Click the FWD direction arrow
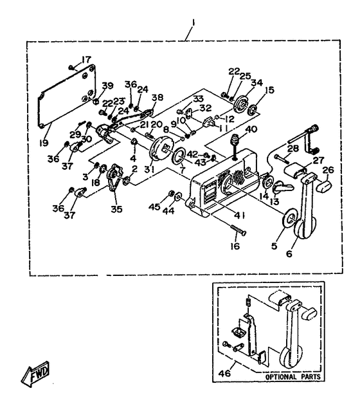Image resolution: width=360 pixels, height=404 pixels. tap(35, 373)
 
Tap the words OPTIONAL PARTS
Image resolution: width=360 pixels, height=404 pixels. tap(293, 377)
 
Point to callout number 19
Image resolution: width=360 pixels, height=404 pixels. tap(44, 143)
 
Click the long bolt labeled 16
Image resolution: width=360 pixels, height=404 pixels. tap(239, 230)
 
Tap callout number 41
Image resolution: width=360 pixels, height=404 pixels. tap(239, 216)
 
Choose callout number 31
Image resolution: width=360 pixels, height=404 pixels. tap(149, 170)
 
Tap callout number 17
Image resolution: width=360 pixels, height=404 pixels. tap(86, 60)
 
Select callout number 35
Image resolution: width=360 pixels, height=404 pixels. tap(116, 209)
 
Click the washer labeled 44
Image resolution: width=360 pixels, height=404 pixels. tap(178, 197)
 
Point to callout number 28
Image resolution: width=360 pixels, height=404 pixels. tap(293, 148)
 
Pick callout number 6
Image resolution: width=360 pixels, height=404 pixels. tap(289, 253)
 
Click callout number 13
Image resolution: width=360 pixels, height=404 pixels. tap(274, 201)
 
